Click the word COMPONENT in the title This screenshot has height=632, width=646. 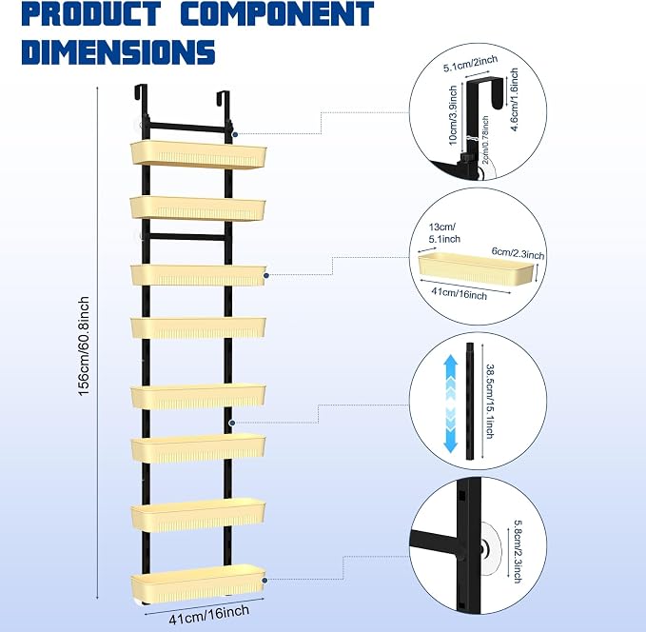[x=277, y=13]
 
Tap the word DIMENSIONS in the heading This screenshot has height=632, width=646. [x=119, y=52]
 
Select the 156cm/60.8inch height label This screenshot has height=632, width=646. [x=84, y=346]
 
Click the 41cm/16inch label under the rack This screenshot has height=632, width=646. [x=209, y=614]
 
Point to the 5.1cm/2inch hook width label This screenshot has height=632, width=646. [x=471, y=64]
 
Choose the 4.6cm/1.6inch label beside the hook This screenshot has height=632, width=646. [x=514, y=100]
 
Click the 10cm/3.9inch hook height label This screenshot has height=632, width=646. [x=453, y=115]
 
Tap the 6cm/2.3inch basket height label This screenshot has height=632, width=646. [x=518, y=253]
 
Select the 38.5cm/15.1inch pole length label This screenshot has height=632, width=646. [x=490, y=401]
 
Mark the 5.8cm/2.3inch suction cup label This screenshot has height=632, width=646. [x=518, y=552]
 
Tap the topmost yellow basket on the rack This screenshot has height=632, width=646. [x=199, y=154]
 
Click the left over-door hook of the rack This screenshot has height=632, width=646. [x=141, y=93]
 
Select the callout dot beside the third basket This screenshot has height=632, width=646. [x=266, y=275]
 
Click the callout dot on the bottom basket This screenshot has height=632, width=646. [x=264, y=580]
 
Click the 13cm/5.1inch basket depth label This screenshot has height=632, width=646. [x=444, y=233]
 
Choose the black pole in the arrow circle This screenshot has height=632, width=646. [x=470, y=401]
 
